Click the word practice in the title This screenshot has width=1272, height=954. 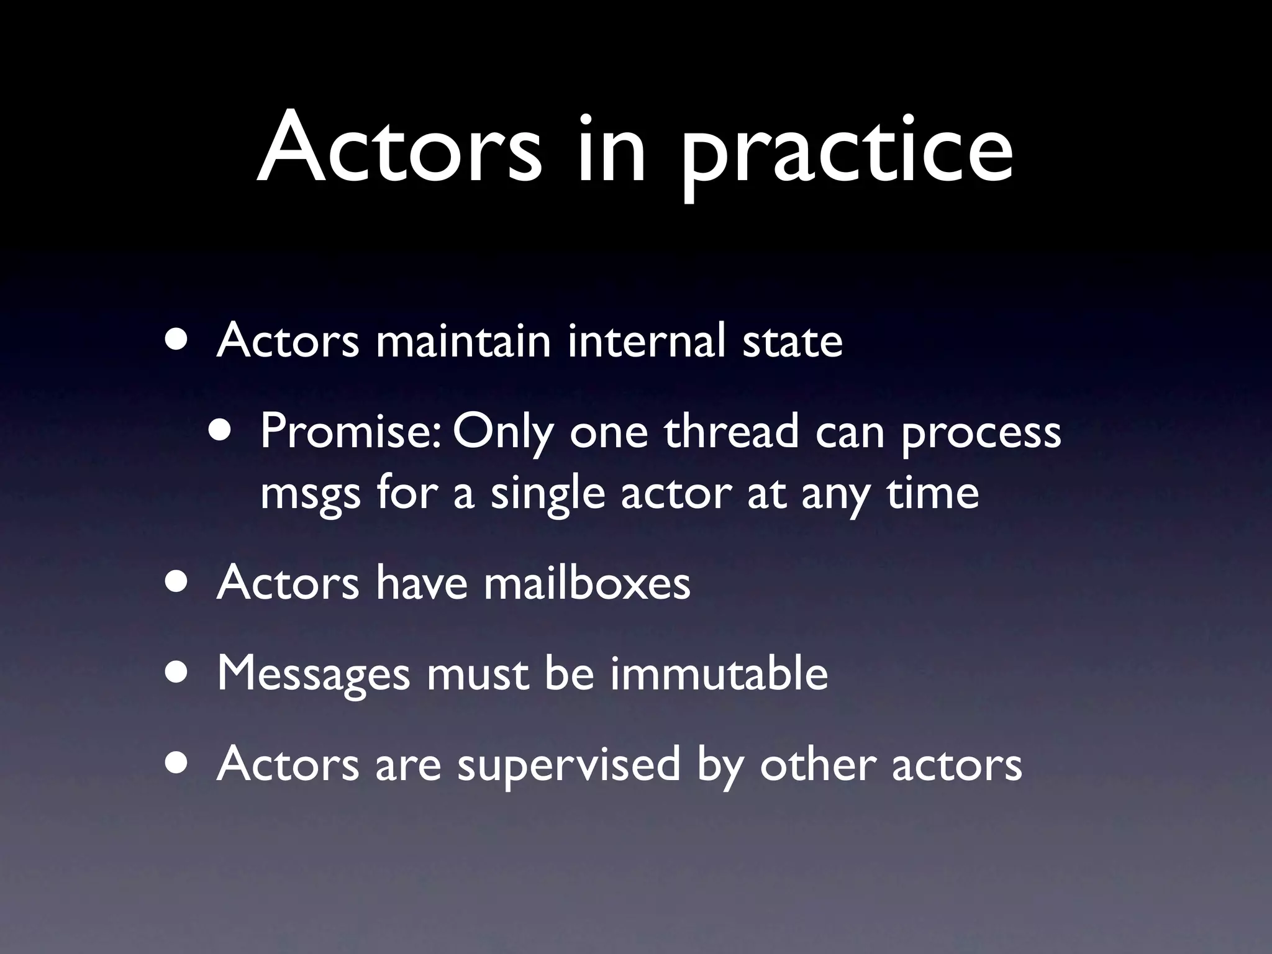click(847, 152)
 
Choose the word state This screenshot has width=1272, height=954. click(793, 342)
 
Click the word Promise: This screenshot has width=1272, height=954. click(351, 431)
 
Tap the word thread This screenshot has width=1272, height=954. click(731, 431)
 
